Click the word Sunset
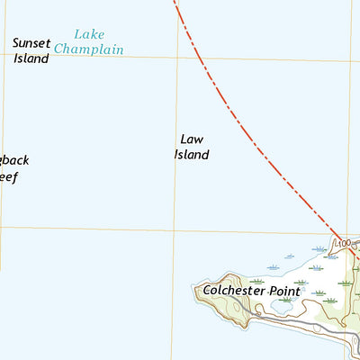pyautogui.click(x=35, y=42)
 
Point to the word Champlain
pyautogui.click(x=88, y=49)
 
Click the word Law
pyautogui.click(x=190, y=139)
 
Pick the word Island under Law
pyautogui.click(x=191, y=155)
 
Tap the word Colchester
pyautogui.click(x=234, y=290)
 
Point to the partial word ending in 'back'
pyautogui.click(x=13, y=161)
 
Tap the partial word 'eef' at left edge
pyautogui.click(x=8, y=176)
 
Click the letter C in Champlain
pyautogui.click(x=59, y=49)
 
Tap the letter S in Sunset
pyautogui.click(x=17, y=42)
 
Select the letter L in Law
pyautogui.click(x=183, y=139)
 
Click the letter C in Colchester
pyautogui.click(x=208, y=290)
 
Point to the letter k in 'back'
pyautogui.click(x=25, y=160)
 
